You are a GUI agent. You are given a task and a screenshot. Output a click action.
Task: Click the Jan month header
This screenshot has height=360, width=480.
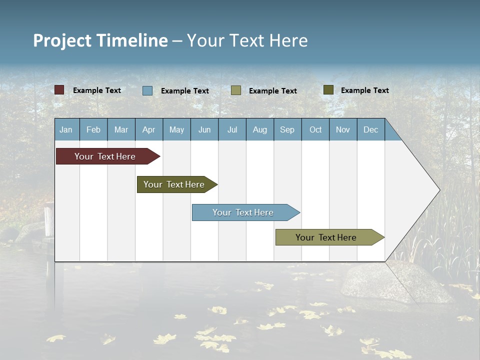point(66,130)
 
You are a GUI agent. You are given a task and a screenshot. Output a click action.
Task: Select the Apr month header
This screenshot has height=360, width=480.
point(149,130)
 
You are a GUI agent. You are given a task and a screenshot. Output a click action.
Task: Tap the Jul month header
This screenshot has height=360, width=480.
point(232,130)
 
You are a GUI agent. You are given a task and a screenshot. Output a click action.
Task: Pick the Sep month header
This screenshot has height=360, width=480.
point(287,130)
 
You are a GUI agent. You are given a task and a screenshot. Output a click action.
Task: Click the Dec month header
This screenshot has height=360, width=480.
point(370,130)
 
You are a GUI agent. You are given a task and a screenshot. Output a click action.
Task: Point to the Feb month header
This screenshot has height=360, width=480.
point(93,130)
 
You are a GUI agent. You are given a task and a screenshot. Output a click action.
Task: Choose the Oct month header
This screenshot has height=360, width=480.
point(315,130)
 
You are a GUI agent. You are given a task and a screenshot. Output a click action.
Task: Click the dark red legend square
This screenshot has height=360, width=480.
point(59,90)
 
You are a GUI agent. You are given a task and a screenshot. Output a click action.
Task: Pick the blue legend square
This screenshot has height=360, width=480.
point(147,90)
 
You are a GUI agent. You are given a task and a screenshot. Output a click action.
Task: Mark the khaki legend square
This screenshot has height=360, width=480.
point(236,90)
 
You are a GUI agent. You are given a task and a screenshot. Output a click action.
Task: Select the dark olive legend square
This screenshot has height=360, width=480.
point(328,90)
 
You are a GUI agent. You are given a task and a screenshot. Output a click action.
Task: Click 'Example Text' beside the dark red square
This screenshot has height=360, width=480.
point(97,90)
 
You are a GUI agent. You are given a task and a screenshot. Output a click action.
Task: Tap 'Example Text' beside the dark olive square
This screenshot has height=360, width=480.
point(365,90)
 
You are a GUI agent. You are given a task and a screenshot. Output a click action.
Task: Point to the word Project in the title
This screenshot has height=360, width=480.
point(62,40)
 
